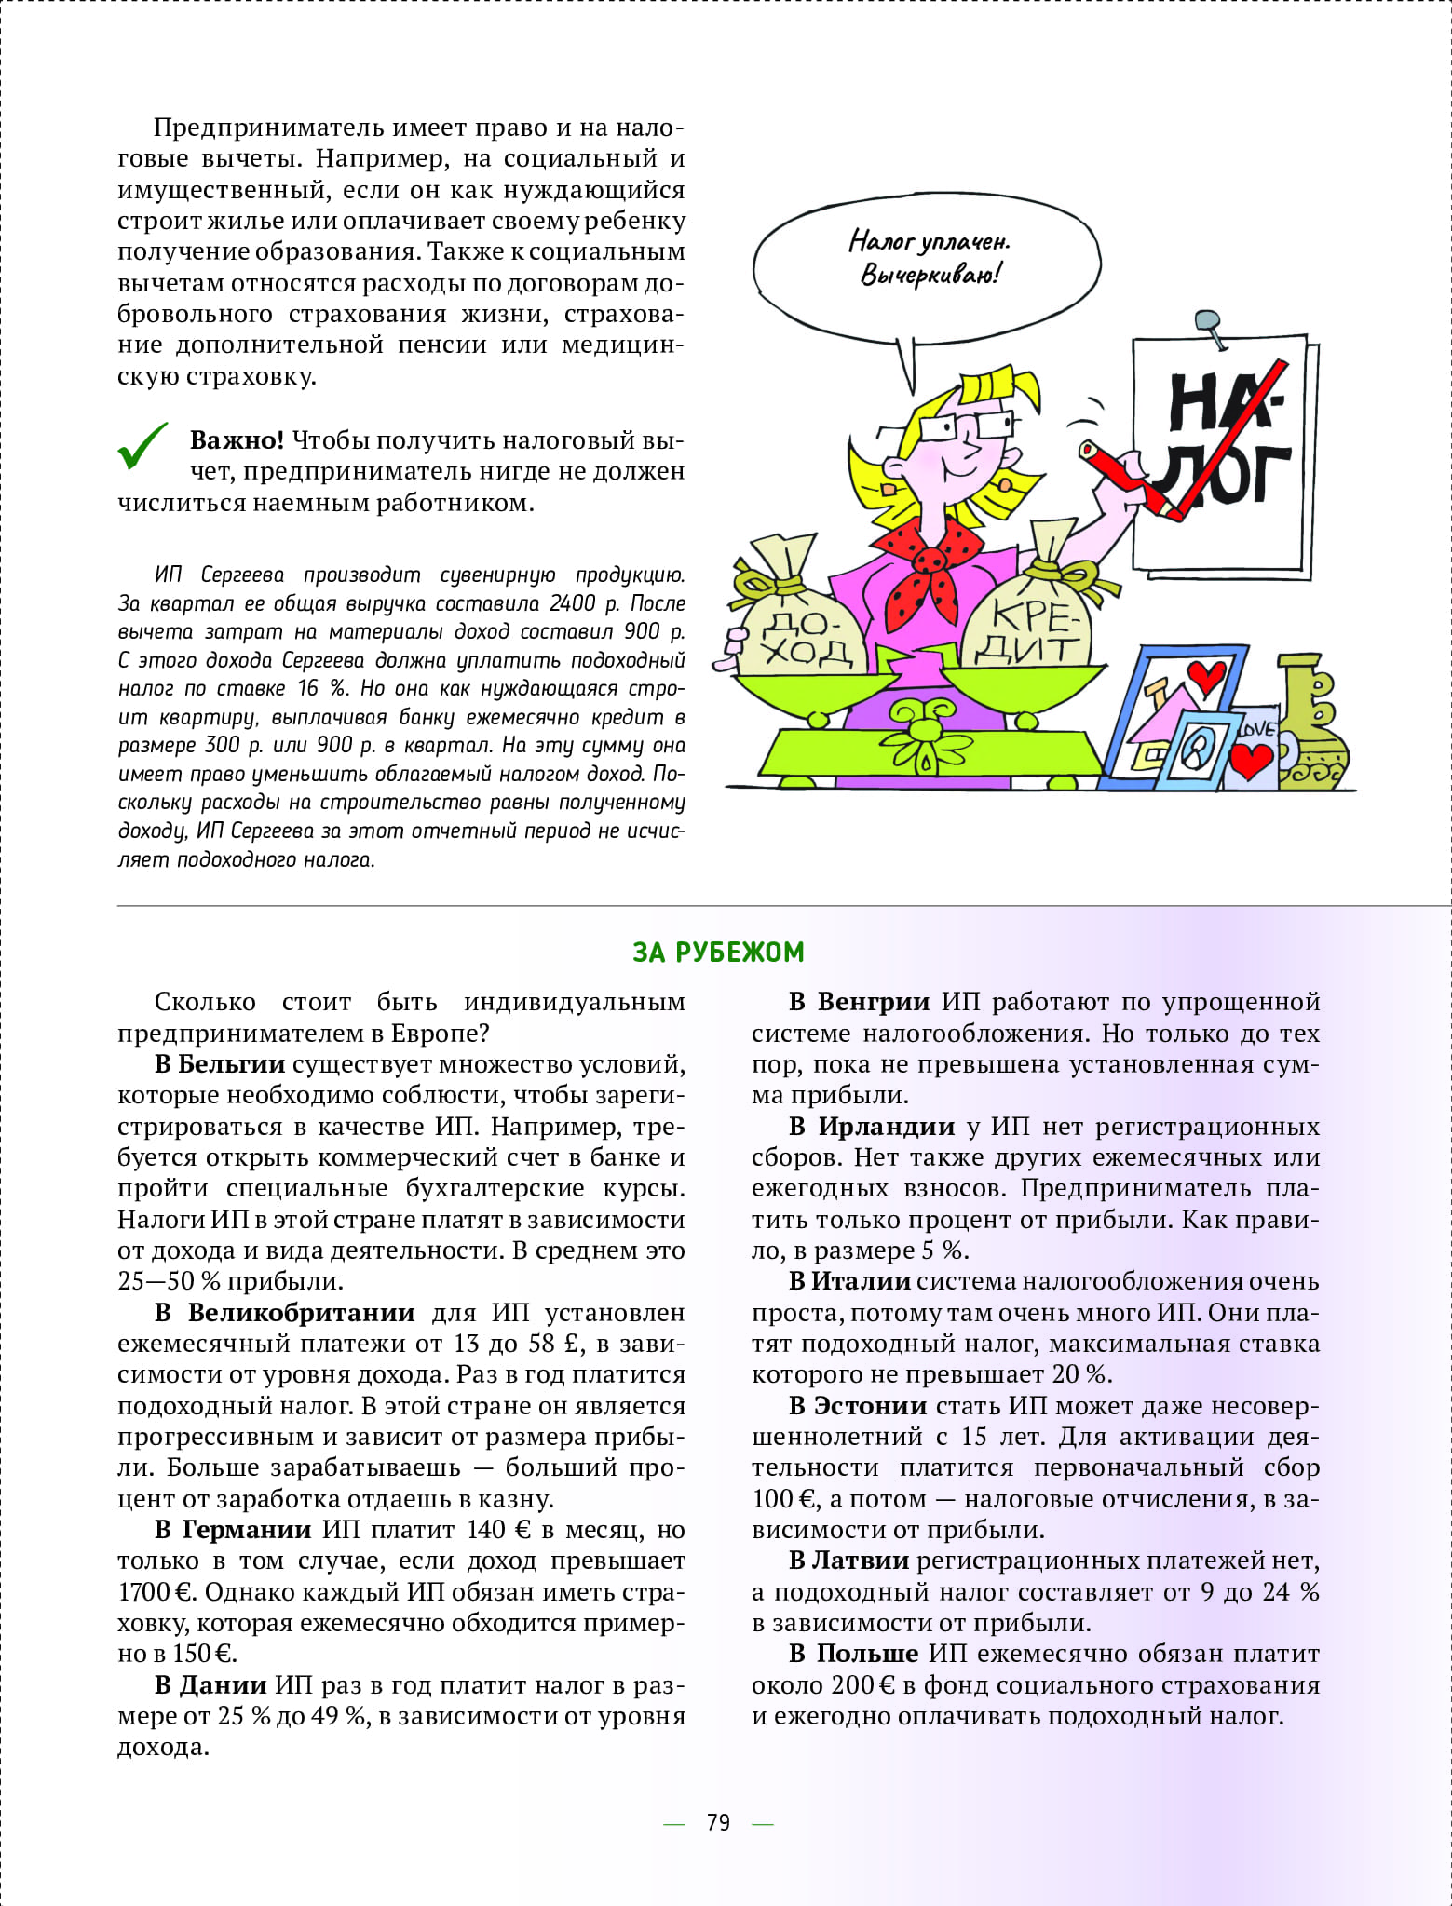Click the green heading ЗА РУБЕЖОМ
pyautogui.click(x=718, y=952)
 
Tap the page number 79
pyautogui.click(x=718, y=1822)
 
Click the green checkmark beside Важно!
pyautogui.click(x=142, y=446)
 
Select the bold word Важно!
pyautogui.click(x=237, y=440)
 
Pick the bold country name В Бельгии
pyautogui.click(x=219, y=1063)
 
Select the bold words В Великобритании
pyautogui.click(x=284, y=1312)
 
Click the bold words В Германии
pyautogui.click(x=233, y=1529)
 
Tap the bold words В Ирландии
pyautogui.click(x=872, y=1126)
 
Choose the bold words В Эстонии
pyautogui.click(x=858, y=1405)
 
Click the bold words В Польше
pyautogui.click(x=853, y=1653)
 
